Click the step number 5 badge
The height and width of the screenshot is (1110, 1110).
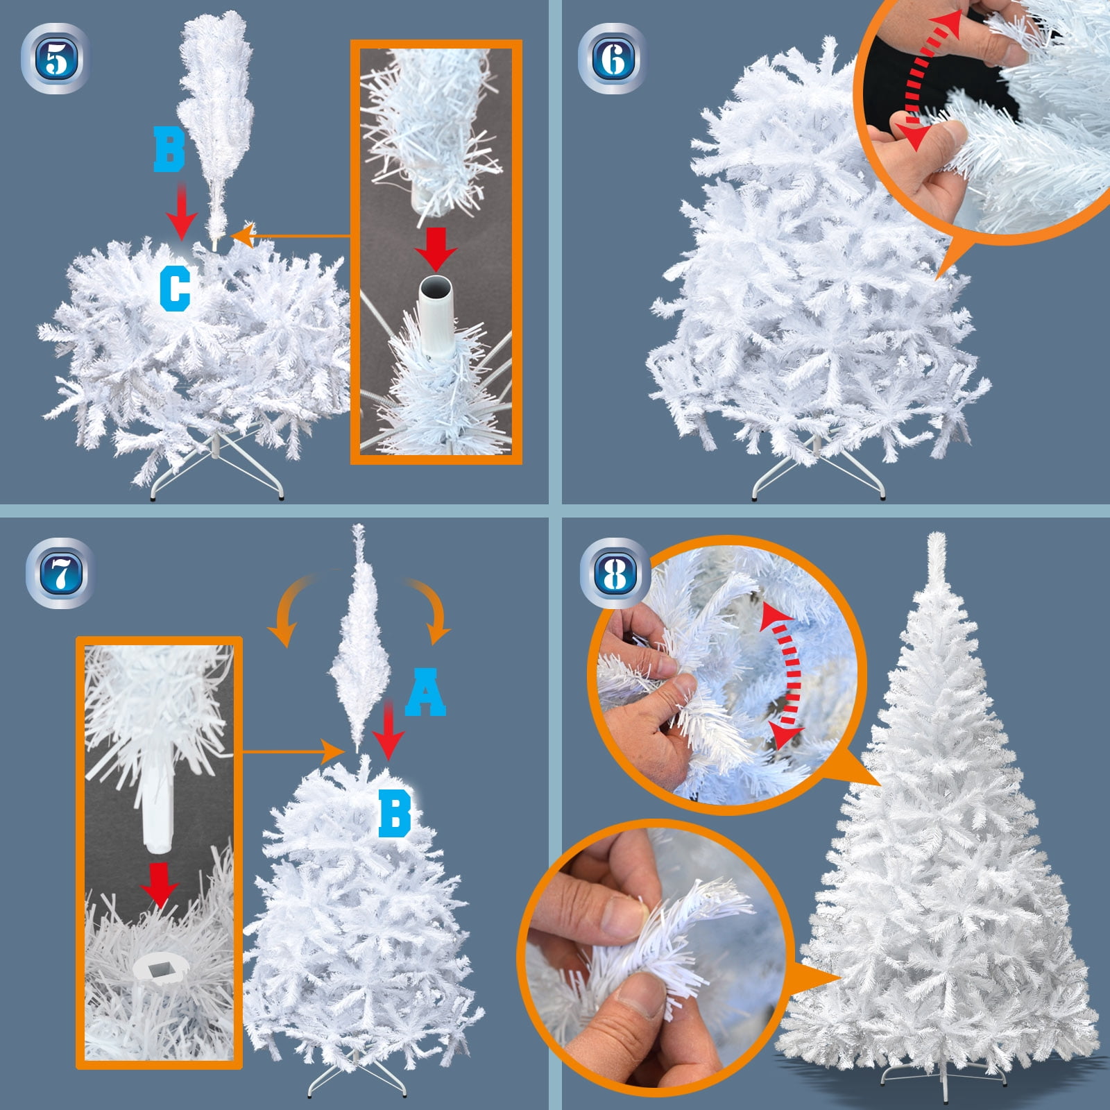click(56, 59)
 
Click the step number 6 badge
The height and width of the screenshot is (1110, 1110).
click(613, 59)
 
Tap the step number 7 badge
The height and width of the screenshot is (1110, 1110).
click(60, 574)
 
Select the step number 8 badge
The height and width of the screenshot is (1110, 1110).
click(615, 574)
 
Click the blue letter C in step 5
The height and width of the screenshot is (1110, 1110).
click(174, 289)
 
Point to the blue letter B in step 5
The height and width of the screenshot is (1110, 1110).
click(169, 151)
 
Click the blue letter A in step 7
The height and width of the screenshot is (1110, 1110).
click(425, 692)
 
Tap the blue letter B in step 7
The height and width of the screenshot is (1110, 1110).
click(395, 813)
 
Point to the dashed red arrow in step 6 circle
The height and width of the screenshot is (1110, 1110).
click(930, 80)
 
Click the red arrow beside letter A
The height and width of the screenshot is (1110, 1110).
click(389, 730)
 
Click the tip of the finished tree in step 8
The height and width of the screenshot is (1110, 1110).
click(937, 534)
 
